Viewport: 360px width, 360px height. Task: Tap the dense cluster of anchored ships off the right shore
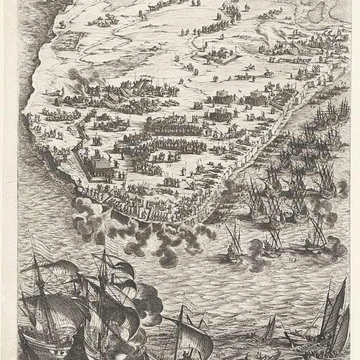[x=288, y=175]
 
